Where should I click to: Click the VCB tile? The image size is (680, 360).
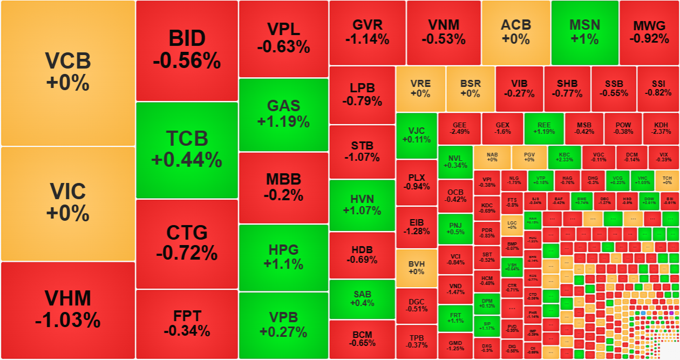[67, 72]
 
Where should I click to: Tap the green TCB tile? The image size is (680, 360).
[187, 150]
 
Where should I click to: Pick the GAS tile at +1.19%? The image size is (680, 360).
[283, 114]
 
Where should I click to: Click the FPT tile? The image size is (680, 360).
[187, 323]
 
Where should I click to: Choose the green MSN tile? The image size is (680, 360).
[584, 32]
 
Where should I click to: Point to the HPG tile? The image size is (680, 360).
[283, 257]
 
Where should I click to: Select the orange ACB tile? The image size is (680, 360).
[516, 32]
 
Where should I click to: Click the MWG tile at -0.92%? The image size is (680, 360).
[649, 32]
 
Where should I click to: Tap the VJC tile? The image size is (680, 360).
[416, 135]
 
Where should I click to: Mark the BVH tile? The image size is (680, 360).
[416, 268]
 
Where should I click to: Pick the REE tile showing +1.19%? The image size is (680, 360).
[543, 128]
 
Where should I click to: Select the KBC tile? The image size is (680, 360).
[565, 157]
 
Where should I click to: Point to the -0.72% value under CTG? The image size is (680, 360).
[187, 253]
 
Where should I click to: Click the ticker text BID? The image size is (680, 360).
[187, 39]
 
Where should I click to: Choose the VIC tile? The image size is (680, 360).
[67, 203]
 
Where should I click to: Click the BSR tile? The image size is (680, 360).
[470, 89]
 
